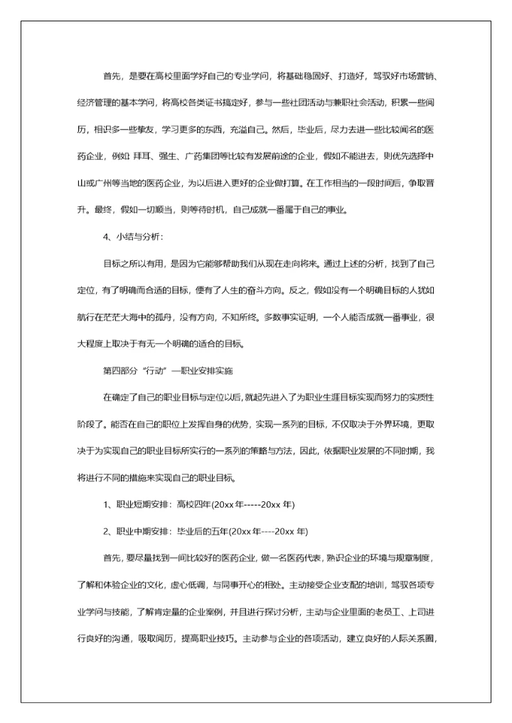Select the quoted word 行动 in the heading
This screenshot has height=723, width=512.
(x=154, y=371)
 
